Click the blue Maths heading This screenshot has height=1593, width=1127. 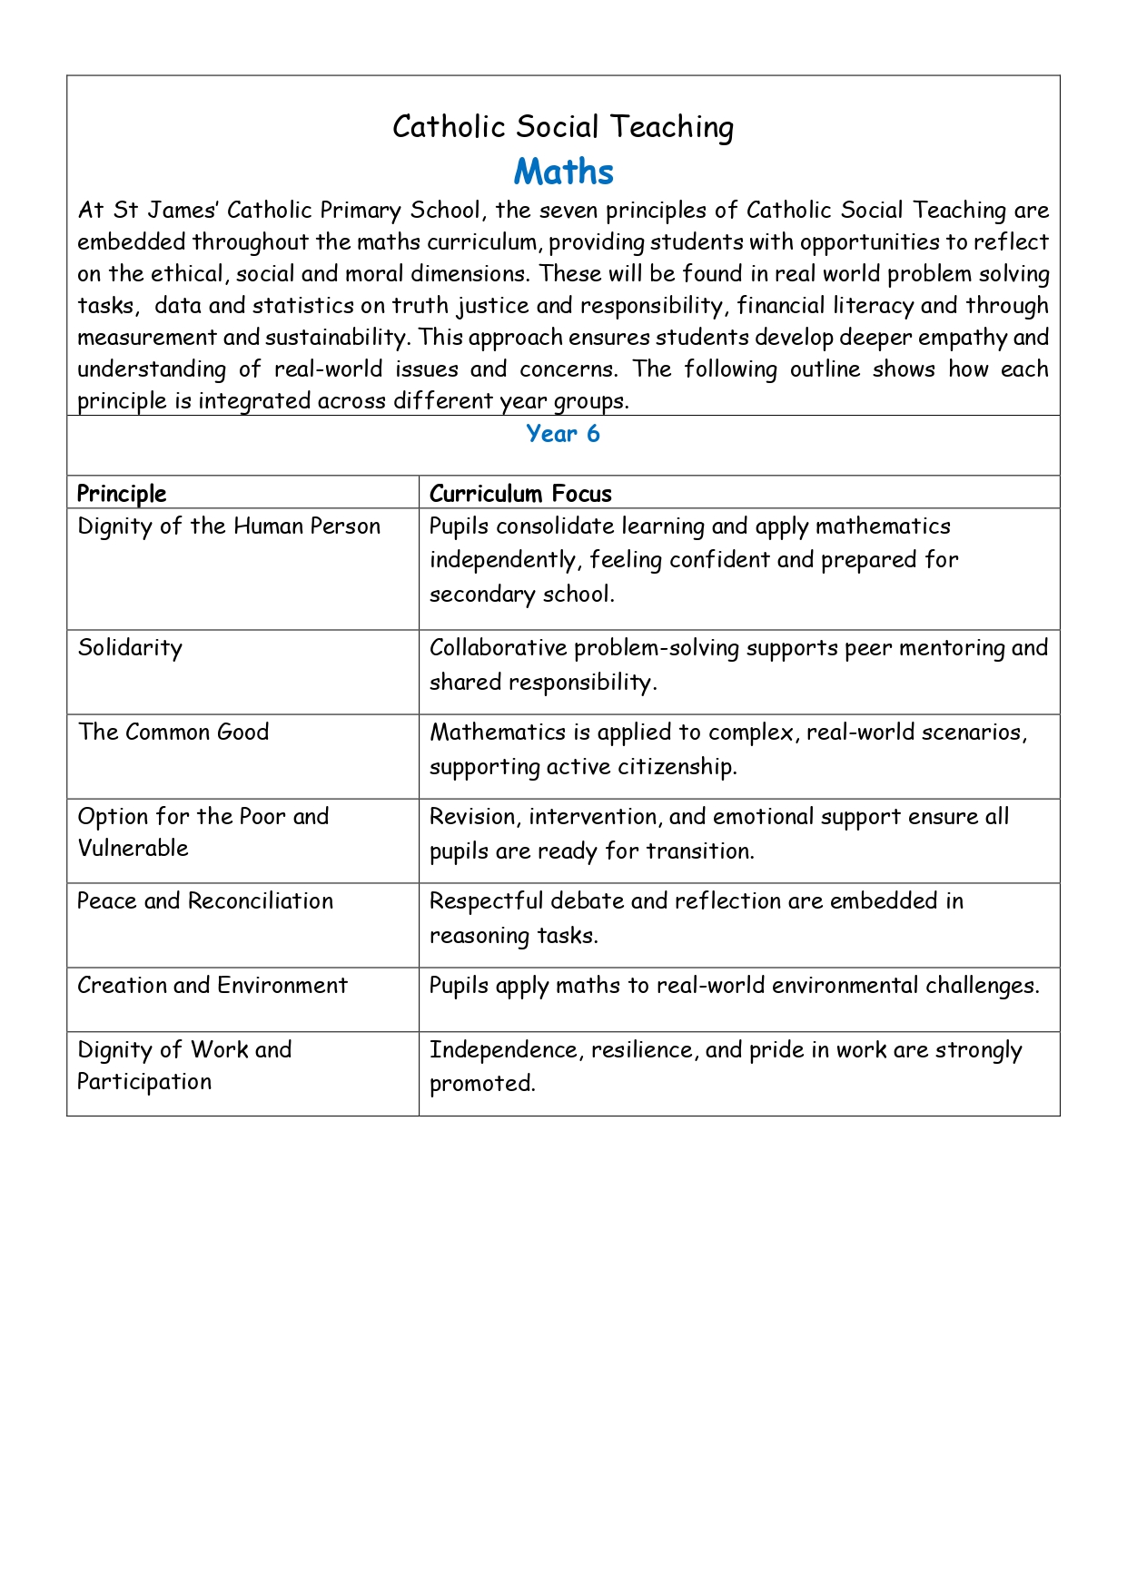[x=563, y=172]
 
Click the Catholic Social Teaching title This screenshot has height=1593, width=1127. [x=563, y=127]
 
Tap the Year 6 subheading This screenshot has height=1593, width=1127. [x=563, y=434]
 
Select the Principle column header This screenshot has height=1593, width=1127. [x=122, y=494]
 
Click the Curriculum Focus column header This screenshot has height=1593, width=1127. [x=520, y=494]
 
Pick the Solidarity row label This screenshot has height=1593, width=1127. [x=130, y=648]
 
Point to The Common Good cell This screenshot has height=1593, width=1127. [x=173, y=733]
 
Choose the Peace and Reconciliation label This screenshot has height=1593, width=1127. [x=205, y=901]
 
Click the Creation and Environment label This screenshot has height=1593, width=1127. [x=213, y=986]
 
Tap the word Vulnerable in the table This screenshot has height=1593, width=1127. [x=133, y=849]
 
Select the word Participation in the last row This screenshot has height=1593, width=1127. [x=144, y=1082]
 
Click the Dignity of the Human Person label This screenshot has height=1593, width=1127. [x=229, y=526]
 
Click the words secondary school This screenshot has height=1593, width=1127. [x=521, y=595]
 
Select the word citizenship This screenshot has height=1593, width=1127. [x=677, y=767]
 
